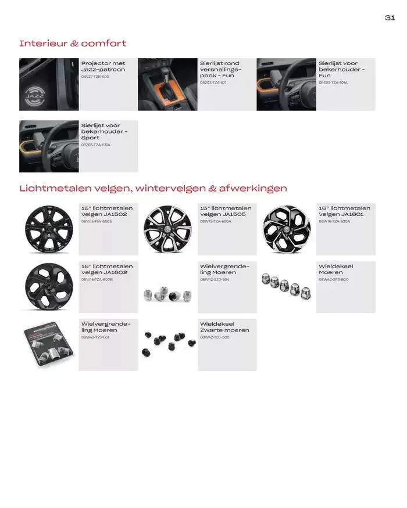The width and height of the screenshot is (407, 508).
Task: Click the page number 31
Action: point(390,17)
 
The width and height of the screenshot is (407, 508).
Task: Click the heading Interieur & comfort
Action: point(73,44)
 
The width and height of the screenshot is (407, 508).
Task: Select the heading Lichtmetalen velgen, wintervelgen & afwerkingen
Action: point(153,188)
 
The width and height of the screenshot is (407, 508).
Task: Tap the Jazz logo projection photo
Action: point(49,84)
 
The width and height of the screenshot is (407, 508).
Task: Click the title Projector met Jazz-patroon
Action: point(103,66)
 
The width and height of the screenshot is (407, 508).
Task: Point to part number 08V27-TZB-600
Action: point(95,77)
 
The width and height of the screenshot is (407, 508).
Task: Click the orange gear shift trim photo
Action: point(167,84)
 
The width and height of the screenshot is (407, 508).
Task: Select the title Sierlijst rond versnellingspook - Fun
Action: point(220,69)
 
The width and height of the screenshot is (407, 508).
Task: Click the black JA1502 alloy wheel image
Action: point(49,229)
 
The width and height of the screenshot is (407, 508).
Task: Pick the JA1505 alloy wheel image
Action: point(167,229)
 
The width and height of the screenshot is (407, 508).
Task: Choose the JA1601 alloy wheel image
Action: point(286,229)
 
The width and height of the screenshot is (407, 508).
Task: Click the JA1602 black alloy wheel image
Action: point(49,287)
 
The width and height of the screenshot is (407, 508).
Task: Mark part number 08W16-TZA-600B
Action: point(97,279)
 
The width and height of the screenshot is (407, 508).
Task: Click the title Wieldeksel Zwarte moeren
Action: point(224,327)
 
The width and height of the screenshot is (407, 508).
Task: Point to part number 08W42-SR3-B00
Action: point(334,279)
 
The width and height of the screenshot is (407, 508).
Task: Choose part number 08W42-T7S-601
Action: point(95,337)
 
